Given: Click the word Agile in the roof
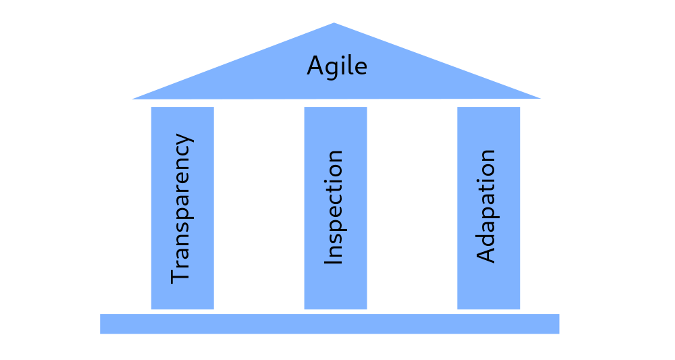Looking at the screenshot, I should coord(337,68).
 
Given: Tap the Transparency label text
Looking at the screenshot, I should coord(181,207).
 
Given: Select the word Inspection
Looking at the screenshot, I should coord(335,207).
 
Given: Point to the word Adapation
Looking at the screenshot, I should coord(487,206).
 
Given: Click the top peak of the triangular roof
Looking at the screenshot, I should coord(334,25).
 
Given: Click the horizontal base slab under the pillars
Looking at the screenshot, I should coord(329,324).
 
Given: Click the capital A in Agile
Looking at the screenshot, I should coord(314,67).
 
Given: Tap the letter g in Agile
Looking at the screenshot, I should coord(330,70).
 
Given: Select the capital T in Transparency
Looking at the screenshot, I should coord(181,275).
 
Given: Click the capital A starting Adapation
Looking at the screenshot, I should coord(487,254).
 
